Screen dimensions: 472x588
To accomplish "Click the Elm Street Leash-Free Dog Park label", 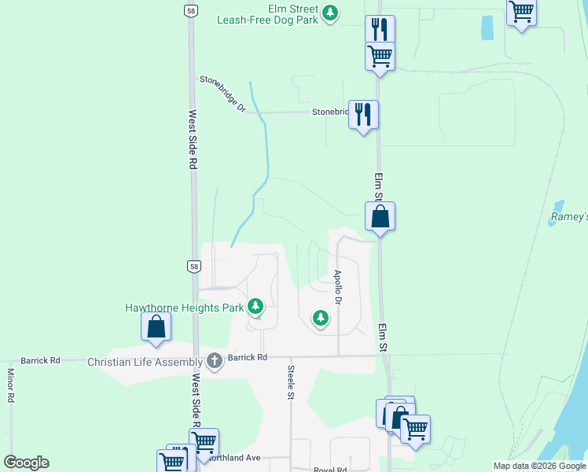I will click(x=268, y=14).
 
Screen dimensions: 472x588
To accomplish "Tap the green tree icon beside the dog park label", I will click(x=331, y=13).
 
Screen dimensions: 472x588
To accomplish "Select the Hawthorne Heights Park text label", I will click(x=184, y=308).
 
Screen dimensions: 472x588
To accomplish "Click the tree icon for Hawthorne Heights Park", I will click(x=255, y=305).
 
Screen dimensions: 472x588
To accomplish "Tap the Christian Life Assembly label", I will click(x=145, y=361).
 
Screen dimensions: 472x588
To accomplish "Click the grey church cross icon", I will click(x=214, y=361).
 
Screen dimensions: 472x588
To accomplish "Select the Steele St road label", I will click(x=290, y=382).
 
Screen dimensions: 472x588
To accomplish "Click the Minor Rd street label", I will click(x=11, y=385).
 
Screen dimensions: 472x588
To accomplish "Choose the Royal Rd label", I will click(x=329, y=470).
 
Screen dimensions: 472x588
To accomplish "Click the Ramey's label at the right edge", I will click(x=568, y=216).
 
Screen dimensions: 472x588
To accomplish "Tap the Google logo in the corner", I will click(x=26, y=463).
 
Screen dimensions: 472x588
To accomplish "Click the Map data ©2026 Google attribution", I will click(x=538, y=466).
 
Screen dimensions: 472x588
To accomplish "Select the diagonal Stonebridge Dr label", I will click(x=223, y=93).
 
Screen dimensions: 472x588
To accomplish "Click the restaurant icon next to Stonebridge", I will click(x=363, y=115).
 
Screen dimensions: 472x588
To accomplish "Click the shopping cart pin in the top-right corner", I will click(x=521, y=12).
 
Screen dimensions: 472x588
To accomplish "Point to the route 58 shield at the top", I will click(x=191, y=9).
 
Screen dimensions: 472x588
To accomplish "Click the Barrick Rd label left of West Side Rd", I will click(x=40, y=360).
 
